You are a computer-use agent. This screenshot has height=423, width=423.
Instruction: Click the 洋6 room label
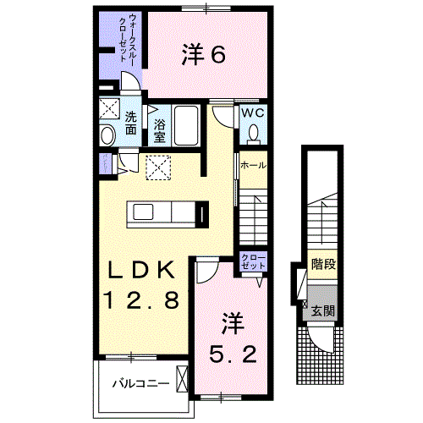point(203,55)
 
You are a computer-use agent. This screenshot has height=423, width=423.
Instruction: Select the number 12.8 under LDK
point(141,299)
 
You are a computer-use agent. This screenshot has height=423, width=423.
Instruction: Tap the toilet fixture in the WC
point(254,132)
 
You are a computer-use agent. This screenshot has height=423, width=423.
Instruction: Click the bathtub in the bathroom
point(185,127)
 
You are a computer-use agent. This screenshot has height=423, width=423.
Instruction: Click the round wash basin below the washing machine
point(108,135)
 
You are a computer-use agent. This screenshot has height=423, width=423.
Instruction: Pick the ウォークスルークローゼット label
point(123,40)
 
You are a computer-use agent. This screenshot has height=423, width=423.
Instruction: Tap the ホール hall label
point(253,164)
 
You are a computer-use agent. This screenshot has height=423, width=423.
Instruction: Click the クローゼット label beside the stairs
point(253,261)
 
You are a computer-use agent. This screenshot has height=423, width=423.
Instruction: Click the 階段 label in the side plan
point(322,264)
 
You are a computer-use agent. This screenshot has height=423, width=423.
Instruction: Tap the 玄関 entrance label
point(322,311)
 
